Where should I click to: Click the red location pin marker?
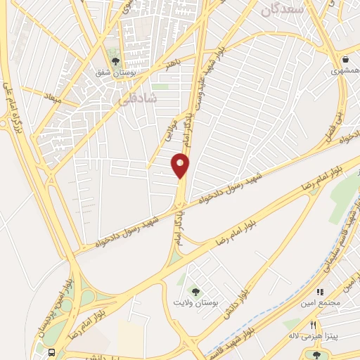(x=180, y=166)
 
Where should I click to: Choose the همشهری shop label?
(x=344, y=71)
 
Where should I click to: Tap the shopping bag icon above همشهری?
(x=345, y=59)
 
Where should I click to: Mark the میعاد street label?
(x=54, y=96)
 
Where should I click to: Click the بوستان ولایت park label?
(x=197, y=302)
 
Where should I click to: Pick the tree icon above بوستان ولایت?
(x=195, y=291)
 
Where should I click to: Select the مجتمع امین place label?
(x=323, y=302)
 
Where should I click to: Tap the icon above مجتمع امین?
(x=320, y=291)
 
